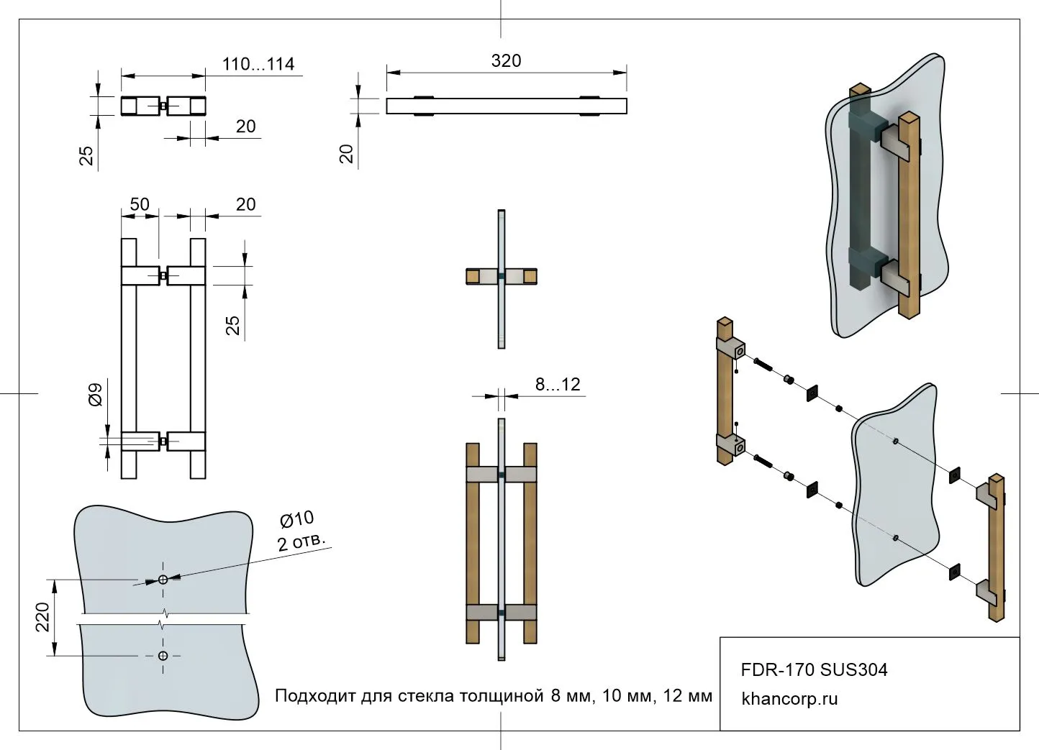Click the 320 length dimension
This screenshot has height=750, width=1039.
pyautogui.click(x=506, y=61)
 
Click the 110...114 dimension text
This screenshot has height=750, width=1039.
pyautogui.click(x=258, y=64)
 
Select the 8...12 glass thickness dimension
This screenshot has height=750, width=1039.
pyautogui.click(x=557, y=385)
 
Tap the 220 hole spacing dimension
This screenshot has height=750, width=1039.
pyautogui.click(x=42, y=617)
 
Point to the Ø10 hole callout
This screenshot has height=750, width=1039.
pyautogui.click(x=296, y=519)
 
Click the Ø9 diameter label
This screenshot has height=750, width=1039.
pyautogui.click(x=95, y=395)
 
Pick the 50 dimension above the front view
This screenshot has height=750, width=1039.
pyautogui.click(x=140, y=204)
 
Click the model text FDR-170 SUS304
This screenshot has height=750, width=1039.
pyautogui.click(x=814, y=670)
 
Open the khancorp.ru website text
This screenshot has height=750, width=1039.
pyautogui.click(x=789, y=698)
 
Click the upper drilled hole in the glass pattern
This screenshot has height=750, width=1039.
pyautogui.click(x=163, y=580)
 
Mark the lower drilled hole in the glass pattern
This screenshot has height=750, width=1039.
pyautogui.click(x=163, y=656)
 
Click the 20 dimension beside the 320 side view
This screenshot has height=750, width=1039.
pyautogui.click(x=347, y=153)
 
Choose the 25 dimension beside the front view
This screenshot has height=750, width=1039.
pyautogui.click(x=232, y=325)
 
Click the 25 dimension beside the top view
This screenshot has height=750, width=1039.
pyautogui.click(x=86, y=155)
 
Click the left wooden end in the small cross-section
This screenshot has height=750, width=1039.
pyautogui.click(x=473, y=276)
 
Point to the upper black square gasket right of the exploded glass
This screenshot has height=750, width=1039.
pyautogui.click(x=955, y=475)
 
